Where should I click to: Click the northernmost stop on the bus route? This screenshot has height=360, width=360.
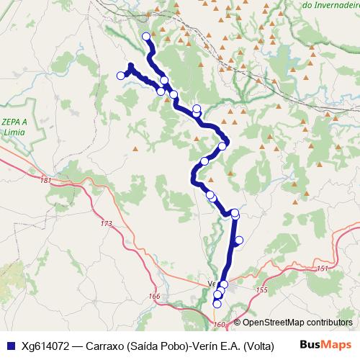[x=146, y=36]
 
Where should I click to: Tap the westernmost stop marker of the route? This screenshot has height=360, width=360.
[x=120, y=76]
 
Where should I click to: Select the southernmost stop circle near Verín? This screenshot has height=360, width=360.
[x=217, y=304]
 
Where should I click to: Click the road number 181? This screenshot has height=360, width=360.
[x=47, y=180]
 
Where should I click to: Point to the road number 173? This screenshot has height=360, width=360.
[x=107, y=224]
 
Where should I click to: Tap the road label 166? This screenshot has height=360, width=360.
[x=155, y=297]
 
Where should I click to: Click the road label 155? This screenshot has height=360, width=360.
[x=261, y=289]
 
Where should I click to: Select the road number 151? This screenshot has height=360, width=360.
[x=322, y=268]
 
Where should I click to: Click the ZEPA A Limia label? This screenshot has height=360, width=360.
[x=14, y=125]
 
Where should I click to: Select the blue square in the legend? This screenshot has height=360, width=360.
[x=10, y=346]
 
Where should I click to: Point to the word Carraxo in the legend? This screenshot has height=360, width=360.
[x=105, y=346]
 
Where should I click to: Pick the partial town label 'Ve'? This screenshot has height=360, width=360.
[x=212, y=283]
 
